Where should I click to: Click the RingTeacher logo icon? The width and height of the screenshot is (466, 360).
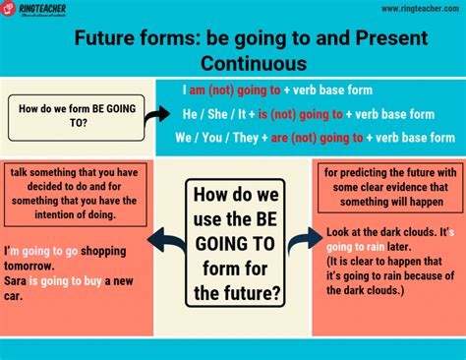8,8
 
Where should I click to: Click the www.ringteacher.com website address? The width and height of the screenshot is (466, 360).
421,9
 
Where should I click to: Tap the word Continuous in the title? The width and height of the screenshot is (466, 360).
254,63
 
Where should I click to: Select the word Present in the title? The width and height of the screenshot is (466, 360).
391,37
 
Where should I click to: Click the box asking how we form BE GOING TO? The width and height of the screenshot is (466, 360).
77,118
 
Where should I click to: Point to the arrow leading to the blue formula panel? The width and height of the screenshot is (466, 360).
157,116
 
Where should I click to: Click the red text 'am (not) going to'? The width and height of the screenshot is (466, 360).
235,90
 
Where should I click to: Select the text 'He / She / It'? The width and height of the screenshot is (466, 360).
214,114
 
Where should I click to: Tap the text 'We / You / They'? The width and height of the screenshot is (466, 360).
216,138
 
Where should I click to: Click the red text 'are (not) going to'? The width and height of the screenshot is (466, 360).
317,138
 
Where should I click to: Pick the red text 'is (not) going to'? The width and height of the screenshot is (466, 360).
301,114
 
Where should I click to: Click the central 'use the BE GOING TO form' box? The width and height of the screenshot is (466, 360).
235,243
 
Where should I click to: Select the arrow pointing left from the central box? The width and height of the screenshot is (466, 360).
167,241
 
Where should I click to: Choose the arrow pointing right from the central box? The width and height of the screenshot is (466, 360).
305,240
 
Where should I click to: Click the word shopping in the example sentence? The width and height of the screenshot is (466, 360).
103,252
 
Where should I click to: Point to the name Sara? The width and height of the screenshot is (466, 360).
15,281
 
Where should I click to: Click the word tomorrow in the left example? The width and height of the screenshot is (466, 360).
29,266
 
